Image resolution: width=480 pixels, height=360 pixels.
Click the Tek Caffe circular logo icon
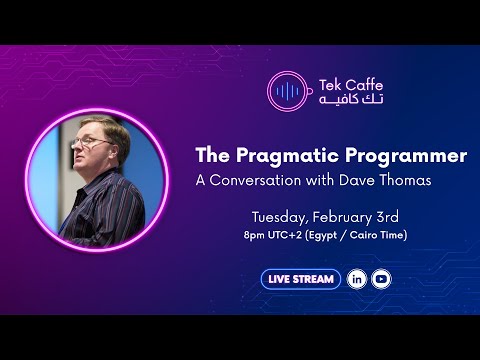pyautogui.click(x=287, y=91)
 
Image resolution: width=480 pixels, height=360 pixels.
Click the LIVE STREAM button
pyautogui.click(x=301, y=279)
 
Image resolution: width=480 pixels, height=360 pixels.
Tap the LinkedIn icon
pyautogui.click(x=357, y=279)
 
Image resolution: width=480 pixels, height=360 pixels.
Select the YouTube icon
pyautogui.click(x=381, y=279)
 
